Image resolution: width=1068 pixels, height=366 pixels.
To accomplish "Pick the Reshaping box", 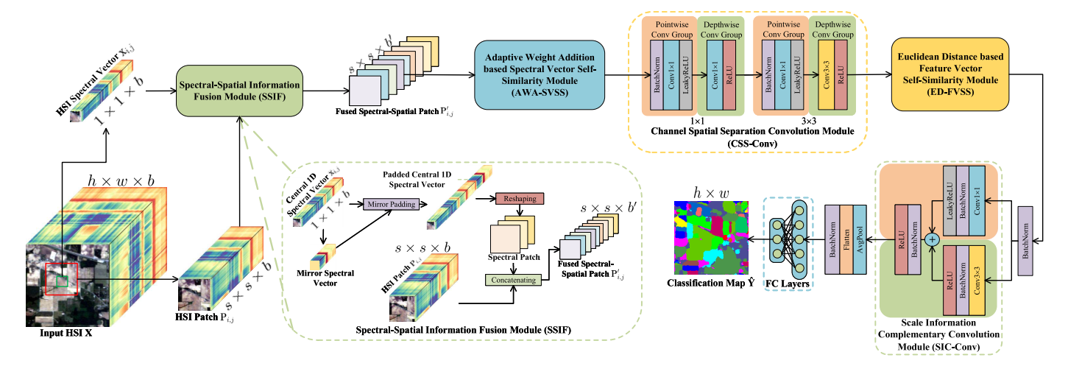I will point(520,199).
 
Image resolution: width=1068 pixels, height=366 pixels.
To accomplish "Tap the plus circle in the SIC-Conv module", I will point(933,240).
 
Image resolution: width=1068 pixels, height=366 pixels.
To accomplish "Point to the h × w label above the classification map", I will point(708,193).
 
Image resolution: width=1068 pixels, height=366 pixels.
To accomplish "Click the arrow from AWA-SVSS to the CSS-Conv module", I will point(617,74).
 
